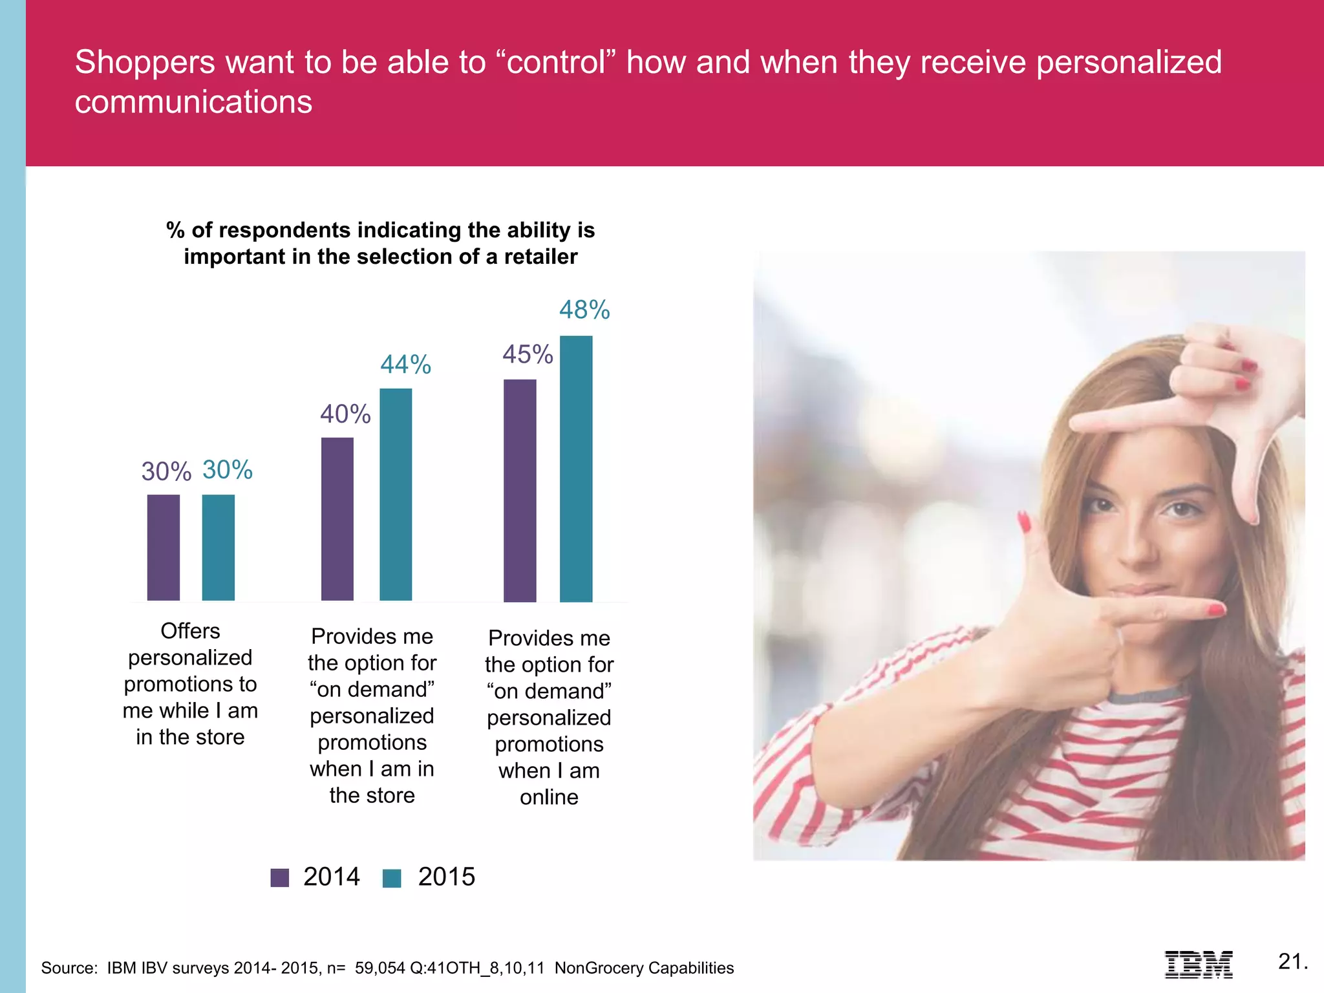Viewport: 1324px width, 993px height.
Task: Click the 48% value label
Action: (x=584, y=310)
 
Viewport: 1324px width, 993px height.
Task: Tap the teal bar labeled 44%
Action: (x=396, y=495)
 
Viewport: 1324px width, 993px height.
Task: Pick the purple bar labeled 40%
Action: (x=337, y=519)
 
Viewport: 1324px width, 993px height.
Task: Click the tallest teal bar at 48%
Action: (x=576, y=469)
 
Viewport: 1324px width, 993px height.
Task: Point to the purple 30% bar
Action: (x=164, y=548)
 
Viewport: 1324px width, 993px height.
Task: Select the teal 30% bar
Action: (x=219, y=548)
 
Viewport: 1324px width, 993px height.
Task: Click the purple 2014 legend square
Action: (x=280, y=878)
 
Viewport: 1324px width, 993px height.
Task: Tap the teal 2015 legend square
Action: (x=392, y=878)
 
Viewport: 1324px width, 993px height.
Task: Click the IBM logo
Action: (x=1199, y=964)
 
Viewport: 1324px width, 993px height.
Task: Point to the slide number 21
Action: (x=1292, y=961)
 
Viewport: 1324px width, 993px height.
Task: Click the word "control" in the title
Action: (x=557, y=63)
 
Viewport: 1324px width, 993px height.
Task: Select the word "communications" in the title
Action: (x=193, y=102)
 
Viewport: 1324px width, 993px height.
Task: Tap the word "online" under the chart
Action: (x=549, y=797)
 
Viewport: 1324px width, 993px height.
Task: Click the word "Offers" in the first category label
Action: (x=190, y=631)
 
